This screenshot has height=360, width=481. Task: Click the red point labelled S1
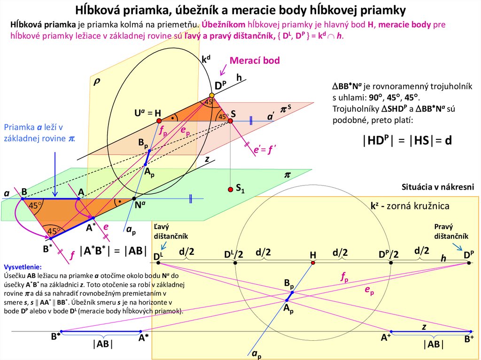[230, 189]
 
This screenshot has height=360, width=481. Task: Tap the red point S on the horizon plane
[230, 121]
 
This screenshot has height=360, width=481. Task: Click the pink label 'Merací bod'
[255, 60]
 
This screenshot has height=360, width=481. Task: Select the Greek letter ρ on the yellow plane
[97, 81]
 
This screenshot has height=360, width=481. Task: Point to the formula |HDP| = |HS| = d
[407, 140]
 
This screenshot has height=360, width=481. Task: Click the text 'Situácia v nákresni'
[438, 187]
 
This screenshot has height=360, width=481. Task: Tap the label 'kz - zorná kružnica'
[410, 206]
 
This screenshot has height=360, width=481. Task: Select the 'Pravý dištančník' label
[450, 231]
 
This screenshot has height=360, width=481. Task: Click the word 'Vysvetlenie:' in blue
[23, 266]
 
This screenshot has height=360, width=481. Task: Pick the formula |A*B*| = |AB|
[113, 250]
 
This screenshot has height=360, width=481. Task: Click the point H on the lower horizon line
[313, 262]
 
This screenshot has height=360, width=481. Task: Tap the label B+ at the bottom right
[469, 338]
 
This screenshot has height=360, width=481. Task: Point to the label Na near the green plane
[140, 205]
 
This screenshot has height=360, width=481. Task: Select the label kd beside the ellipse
[206, 60]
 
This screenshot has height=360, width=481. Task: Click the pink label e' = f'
[264, 150]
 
